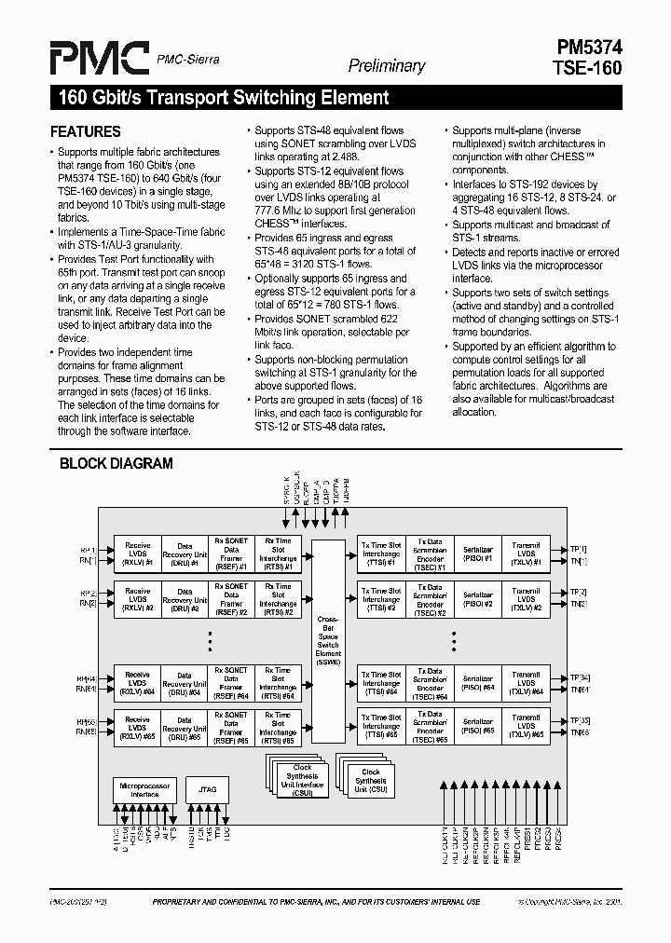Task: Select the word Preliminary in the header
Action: pos(387,66)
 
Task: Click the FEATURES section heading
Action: pos(85,131)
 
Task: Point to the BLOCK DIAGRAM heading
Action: pos(116,463)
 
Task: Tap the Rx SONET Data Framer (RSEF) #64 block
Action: pos(231,682)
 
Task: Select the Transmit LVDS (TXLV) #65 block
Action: pos(526,726)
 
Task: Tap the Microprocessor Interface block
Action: pos(144,790)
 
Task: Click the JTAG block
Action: pos(207,789)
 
